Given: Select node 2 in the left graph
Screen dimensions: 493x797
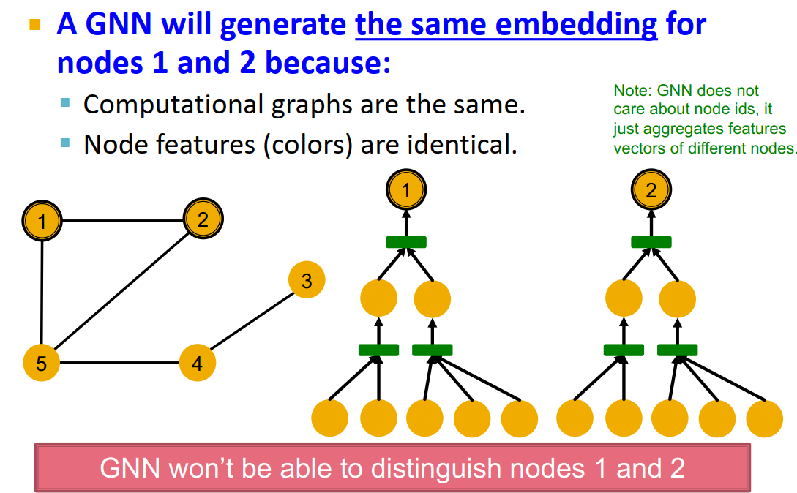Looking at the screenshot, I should click(x=203, y=219).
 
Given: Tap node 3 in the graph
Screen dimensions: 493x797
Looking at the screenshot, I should click(x=307, y=281).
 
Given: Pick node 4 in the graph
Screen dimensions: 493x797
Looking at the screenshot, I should click(x=198, y=362).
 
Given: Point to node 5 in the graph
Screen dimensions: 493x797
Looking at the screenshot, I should click(x=41, y=364).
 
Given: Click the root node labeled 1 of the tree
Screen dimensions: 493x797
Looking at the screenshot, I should click(x=406, y=191).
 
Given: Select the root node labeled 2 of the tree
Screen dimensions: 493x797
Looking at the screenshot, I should click(x=651, y=191).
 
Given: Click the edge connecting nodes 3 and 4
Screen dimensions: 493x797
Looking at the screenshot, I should click(x=252, y=321).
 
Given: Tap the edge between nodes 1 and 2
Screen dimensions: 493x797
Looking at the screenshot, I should click(x=122, y=219).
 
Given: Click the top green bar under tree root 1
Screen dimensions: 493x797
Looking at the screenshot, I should click(x=406, y=242).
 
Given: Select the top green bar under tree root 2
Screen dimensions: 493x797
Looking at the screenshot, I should click(x=651, y=242).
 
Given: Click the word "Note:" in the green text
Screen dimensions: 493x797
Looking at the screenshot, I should click(x=632, y=91).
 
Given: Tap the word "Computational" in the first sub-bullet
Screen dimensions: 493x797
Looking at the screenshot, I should click(x=173, y=105).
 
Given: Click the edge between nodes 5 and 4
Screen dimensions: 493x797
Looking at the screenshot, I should click(x=119, y=363).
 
